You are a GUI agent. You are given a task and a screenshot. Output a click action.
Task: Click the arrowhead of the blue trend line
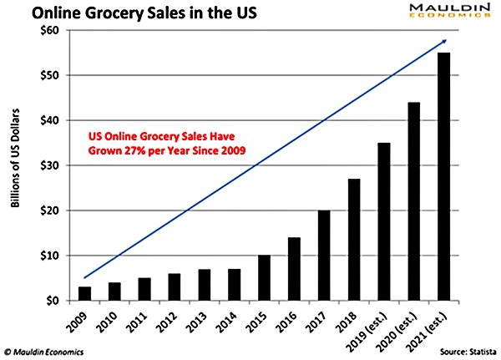coord(444,42)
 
